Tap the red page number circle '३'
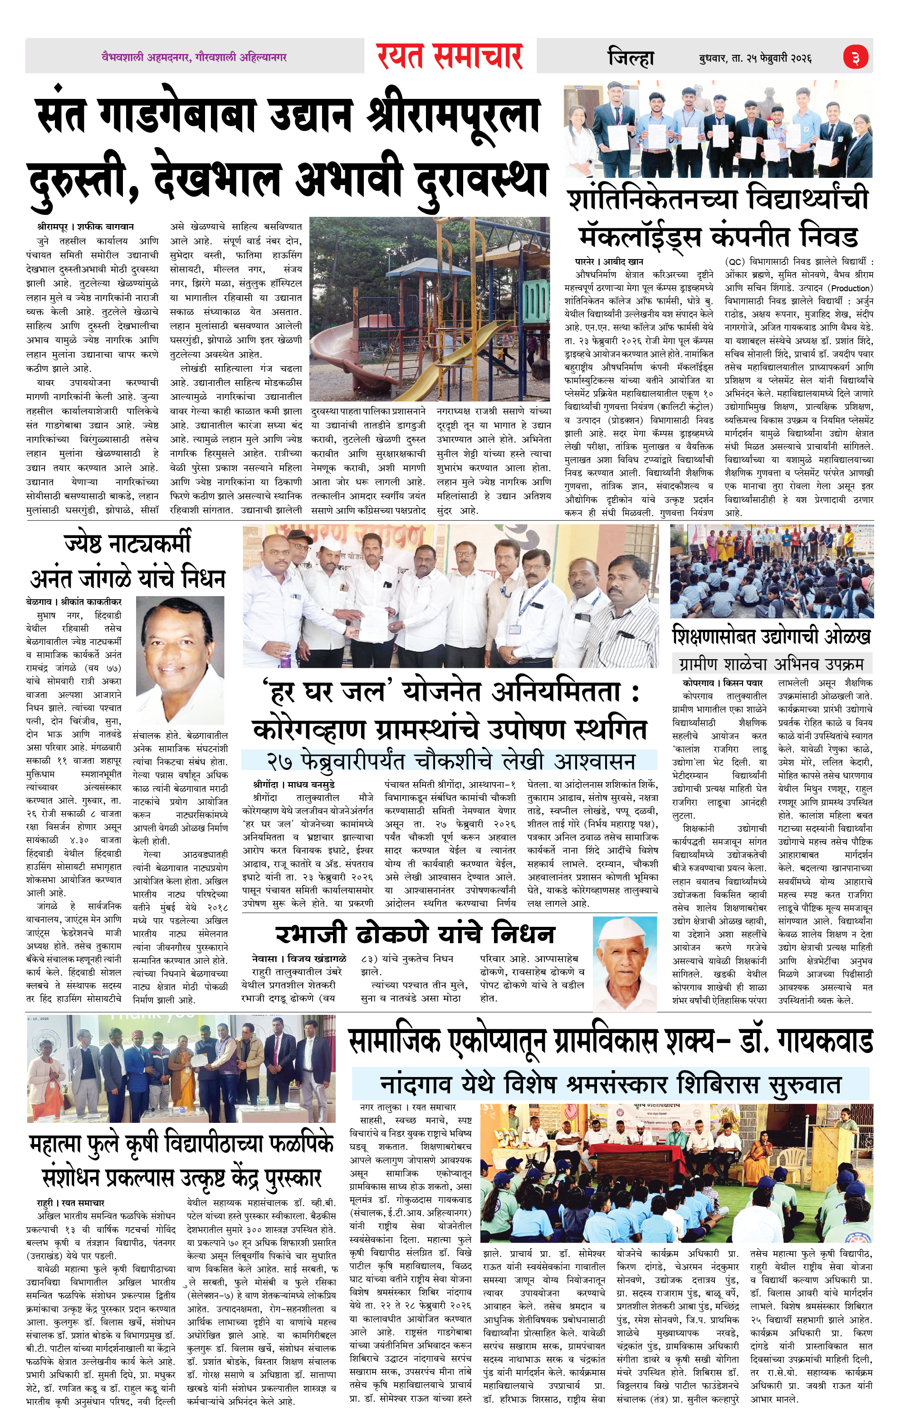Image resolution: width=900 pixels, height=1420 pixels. click(x=855, y=57)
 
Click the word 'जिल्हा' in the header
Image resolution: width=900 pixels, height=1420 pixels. click(x=631, y=58)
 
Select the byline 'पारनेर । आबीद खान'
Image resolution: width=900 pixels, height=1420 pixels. click(x=609, y=261)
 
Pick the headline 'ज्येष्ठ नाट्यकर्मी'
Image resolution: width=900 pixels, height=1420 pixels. click(x=127, y=543)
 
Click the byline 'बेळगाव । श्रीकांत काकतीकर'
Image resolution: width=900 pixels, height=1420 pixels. click(x=74, y=602)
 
